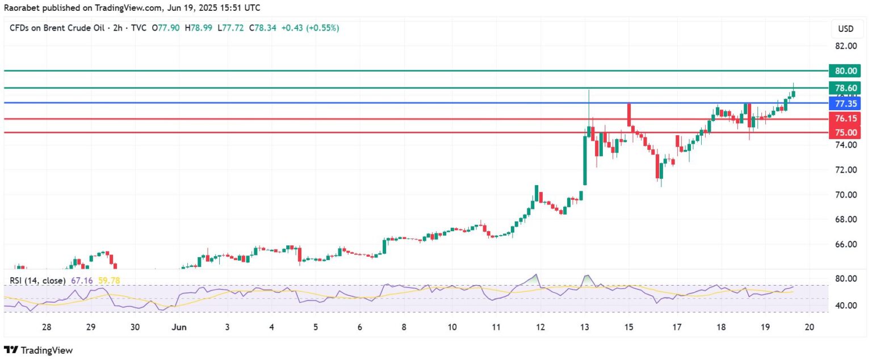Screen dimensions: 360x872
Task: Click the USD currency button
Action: click(845, 28)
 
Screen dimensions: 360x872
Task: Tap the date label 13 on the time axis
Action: click(585, 327)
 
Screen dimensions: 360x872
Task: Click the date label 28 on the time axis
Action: click(47, 327)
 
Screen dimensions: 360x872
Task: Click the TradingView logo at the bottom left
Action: click(39, 350)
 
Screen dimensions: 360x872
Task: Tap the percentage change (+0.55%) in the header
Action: click(322, 28)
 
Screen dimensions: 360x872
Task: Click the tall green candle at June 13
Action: click(585, 160)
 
